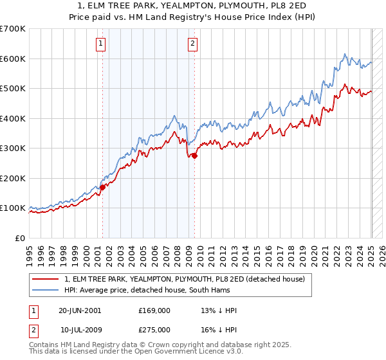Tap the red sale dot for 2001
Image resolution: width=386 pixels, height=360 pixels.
(102, 188)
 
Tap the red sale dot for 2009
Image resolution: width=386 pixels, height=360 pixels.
(194, 155)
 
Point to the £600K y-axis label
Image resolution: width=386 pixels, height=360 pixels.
(13, 59)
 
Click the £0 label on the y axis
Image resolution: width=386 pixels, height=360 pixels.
(21, 238)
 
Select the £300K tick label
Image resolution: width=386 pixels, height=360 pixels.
(13, 148)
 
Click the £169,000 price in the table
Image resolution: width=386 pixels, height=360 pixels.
(154, 310)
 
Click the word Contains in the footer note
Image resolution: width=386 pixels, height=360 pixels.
(44, 345)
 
